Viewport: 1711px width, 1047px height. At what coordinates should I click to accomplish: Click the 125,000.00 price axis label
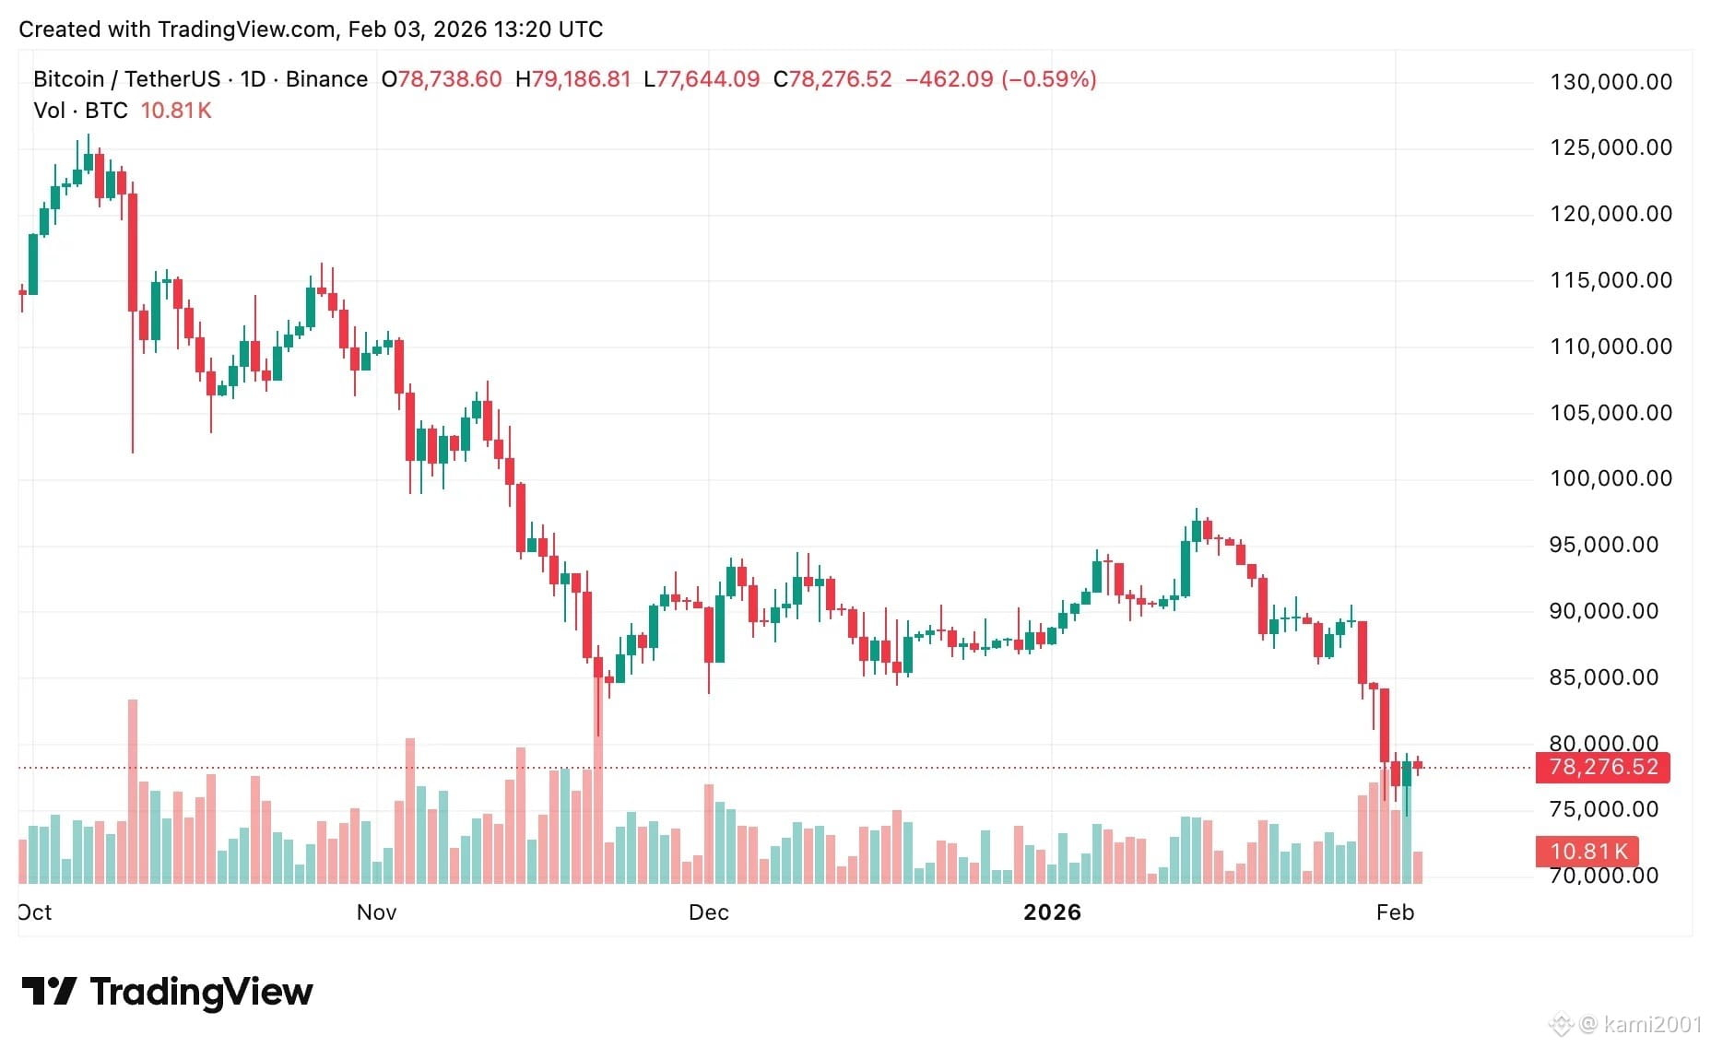[x=1611, y=147]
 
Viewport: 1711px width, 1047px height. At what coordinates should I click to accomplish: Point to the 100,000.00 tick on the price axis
[x=1611, y=478]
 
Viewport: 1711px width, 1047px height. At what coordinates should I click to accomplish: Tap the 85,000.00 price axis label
[x=1604, y=677]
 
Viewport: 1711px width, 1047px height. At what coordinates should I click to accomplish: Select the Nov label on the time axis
[x=376, y=912]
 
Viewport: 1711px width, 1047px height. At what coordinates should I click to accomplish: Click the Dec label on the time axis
[x=709, y=912]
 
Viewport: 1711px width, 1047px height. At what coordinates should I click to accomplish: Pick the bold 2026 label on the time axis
[x=1052, y=912]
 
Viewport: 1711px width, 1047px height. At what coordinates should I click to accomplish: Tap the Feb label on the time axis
[x=1395, y=912]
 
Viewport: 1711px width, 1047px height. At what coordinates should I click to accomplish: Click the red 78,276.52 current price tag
[x=1603, y=767]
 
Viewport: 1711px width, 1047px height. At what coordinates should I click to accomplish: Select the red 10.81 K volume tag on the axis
[x=1587, y=851]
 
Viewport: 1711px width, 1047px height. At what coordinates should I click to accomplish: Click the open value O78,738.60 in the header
[x=442, y=79]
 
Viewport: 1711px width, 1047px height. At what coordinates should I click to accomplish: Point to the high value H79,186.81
[x=572, y=79]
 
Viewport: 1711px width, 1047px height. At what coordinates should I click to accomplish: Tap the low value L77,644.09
[x=702, y=79]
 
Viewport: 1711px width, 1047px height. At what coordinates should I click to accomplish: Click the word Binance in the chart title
[x=326, y=79]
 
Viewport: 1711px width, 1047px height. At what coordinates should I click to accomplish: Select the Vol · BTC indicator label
[x=80, y=111]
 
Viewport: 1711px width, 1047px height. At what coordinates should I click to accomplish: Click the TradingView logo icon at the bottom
[x=49, y=992]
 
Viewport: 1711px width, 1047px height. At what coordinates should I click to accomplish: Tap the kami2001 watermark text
[x=1653, y=1024]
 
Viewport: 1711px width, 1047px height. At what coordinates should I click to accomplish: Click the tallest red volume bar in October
[x=133, y=792]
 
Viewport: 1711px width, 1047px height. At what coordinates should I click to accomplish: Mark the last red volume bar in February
[x=1418, y=867]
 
